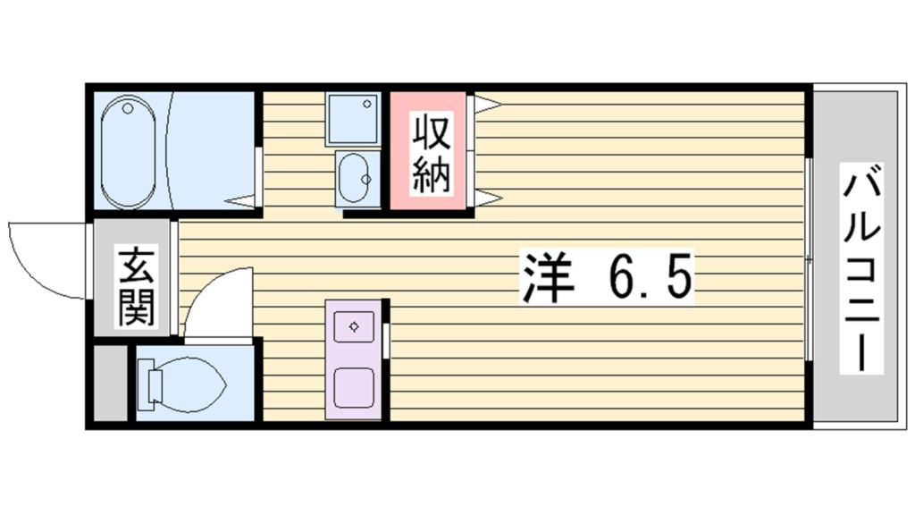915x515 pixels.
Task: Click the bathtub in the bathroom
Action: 129,152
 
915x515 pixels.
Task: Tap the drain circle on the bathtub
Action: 128,108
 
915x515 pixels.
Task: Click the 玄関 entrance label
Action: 137,287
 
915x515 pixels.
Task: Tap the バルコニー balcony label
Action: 861,268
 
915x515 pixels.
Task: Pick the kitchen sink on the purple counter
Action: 354,326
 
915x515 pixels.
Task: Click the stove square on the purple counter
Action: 354,388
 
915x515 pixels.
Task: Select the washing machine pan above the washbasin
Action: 352,119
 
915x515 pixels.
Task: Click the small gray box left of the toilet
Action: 110,383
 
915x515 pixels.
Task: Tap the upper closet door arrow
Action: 488,105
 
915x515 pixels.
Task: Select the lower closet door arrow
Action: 488,198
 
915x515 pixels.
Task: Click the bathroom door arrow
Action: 239,201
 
